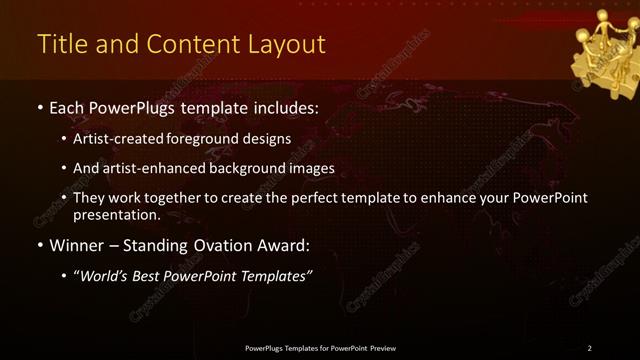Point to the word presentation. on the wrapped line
116,214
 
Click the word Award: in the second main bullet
284,244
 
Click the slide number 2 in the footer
589,348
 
